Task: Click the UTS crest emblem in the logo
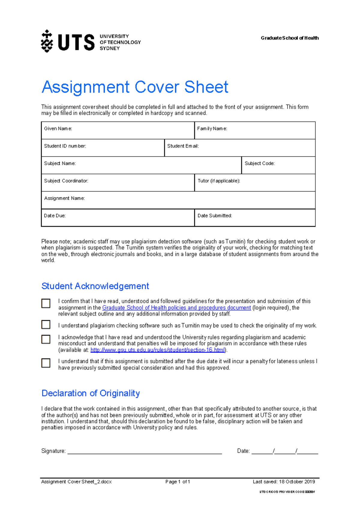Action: coord(47,41)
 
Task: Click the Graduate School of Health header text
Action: coord(289,38)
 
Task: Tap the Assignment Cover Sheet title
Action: coord(135,87)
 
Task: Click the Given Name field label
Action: coord(58,128)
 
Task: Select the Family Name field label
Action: coord(212,128)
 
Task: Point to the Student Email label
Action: coord(183,146)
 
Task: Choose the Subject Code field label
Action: coord(259,163)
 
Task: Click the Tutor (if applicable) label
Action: coord(219,181)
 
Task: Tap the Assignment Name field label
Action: coord(64,198)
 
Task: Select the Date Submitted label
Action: coord(214,215)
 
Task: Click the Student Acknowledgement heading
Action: coord(95,286)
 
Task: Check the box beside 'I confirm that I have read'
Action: coord(46,303)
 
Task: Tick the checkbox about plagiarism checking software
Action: coord(46,324)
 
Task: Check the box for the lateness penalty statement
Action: coord(46,363)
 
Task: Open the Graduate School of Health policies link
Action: coord(176,308)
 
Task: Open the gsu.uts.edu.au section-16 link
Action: coord(157,350)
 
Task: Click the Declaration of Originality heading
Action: coord(91,393)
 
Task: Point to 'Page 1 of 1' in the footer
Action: coord(178,482)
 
